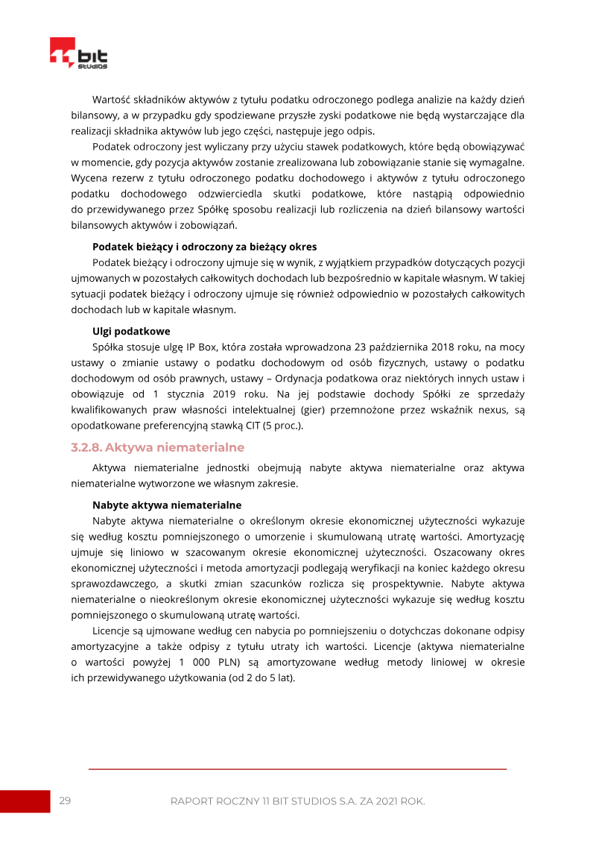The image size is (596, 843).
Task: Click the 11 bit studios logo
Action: point(78,54)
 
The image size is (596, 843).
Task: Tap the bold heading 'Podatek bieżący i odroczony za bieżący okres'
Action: point(204,247)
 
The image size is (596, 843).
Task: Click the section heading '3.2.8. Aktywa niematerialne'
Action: point(158,447)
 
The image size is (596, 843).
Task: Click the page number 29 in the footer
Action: point(65,801)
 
